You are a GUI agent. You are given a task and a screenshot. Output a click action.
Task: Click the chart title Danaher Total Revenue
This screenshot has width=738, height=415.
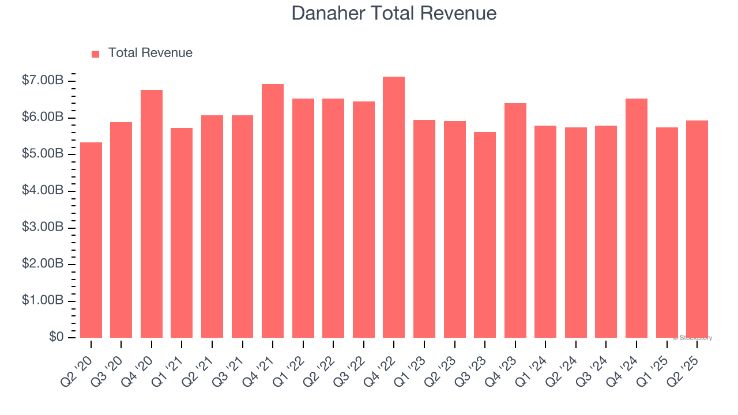394,13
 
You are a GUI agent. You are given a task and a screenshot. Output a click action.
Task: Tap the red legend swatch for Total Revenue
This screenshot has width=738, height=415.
96,54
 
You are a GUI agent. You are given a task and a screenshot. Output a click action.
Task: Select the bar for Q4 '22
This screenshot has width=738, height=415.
394,207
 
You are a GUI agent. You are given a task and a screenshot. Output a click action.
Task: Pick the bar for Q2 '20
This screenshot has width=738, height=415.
91,240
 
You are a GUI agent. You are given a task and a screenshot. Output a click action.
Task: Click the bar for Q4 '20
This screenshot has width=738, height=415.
152,214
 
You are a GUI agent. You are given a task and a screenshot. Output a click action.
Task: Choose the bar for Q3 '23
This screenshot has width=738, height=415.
485,235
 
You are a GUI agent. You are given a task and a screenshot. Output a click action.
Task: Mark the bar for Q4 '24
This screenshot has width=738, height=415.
637,218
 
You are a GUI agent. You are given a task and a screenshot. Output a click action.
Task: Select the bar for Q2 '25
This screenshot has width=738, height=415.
697,229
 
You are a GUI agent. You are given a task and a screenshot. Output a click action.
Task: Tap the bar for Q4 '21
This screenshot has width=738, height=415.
273,211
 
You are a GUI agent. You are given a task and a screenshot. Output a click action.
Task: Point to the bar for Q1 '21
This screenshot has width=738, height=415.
182,233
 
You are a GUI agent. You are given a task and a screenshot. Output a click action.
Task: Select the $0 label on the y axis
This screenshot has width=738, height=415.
56,337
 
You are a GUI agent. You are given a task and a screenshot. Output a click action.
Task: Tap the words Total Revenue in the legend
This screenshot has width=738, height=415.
150,53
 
